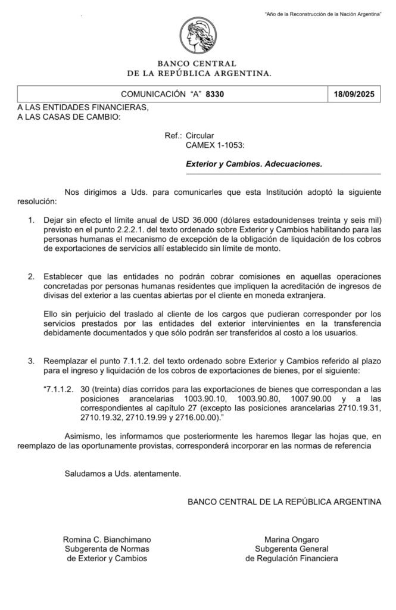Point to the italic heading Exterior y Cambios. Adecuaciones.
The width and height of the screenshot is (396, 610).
[254, 163]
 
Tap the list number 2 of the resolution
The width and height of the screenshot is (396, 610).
[32, 277]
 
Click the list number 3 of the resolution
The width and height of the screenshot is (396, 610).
[32, 361]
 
